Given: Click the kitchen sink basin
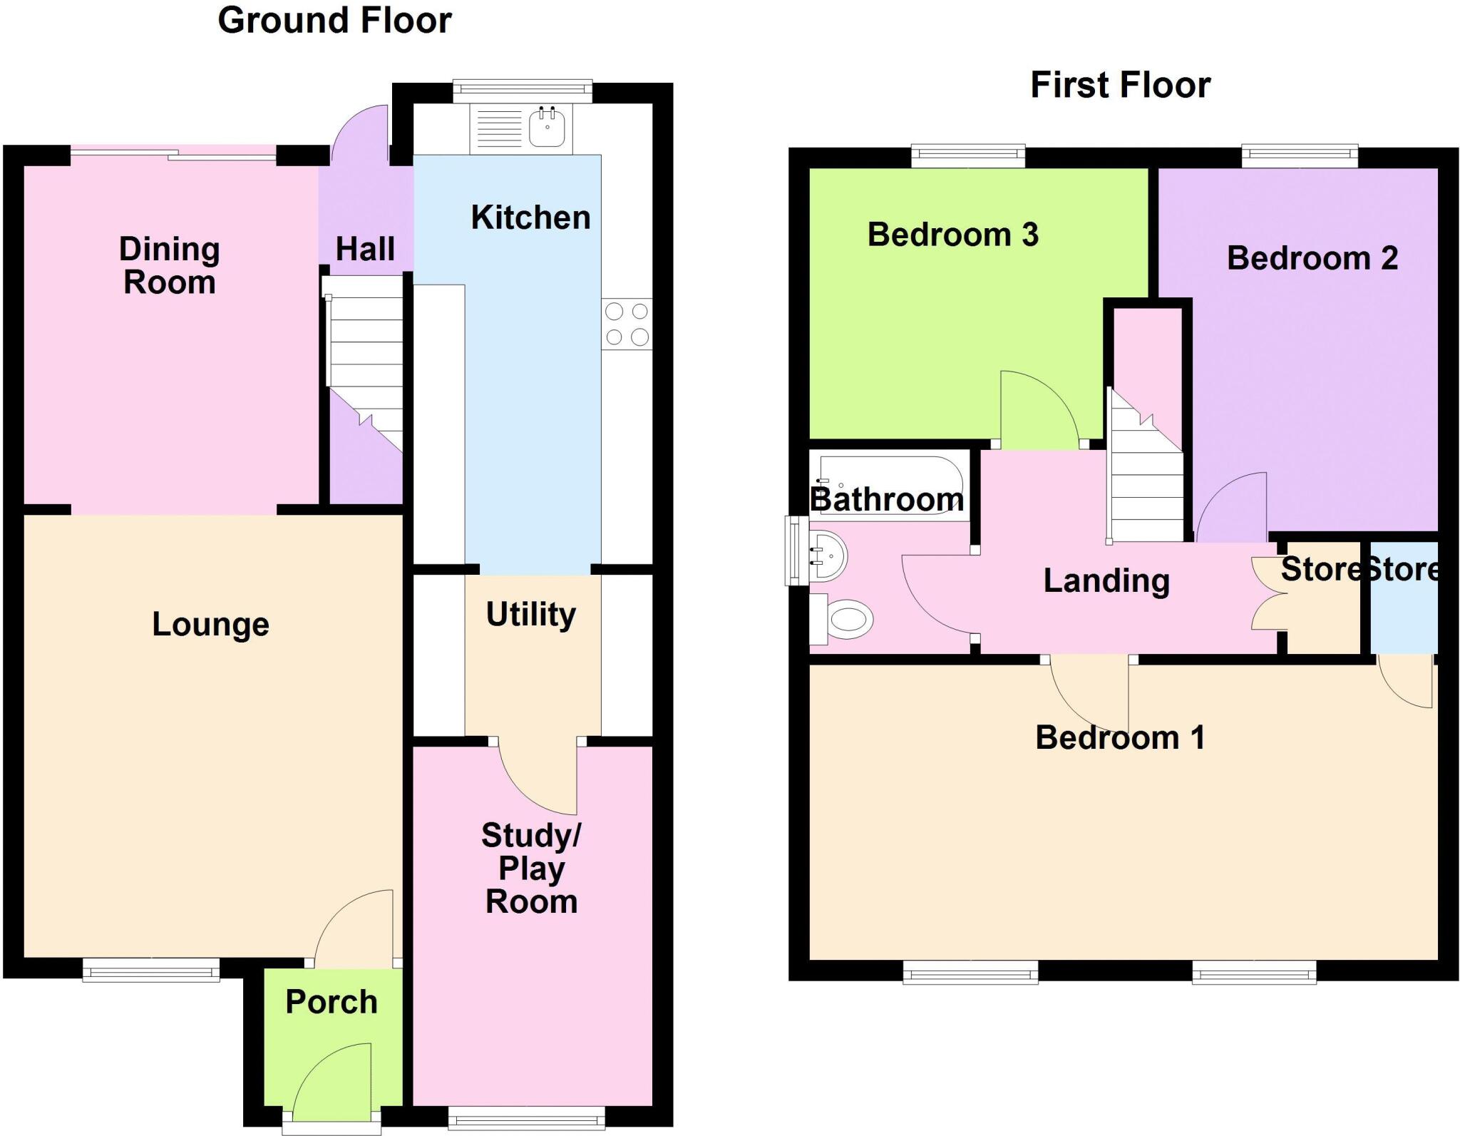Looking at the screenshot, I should [547, 129].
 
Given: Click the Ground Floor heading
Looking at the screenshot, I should [334, 20].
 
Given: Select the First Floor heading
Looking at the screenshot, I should [1120, 85].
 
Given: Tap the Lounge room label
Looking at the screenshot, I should [210, 625].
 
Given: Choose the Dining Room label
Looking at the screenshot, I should [169, 265].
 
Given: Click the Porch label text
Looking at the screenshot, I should [331, 1002].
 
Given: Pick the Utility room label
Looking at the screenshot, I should [531, 614].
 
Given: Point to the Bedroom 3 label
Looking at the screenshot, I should [952, 235].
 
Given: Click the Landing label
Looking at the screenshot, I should [1106, 580].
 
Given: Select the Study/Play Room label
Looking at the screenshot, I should [531, 869].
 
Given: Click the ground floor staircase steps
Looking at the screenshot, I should [365, 357].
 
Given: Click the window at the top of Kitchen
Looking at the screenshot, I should [523, 88].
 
